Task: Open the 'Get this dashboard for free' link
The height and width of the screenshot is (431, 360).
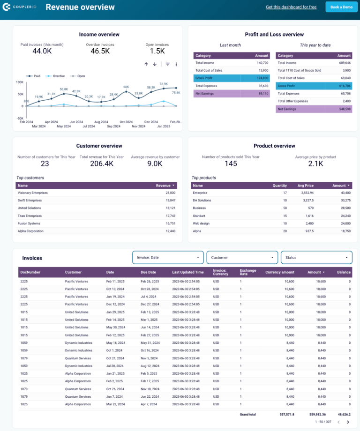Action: [291, 7]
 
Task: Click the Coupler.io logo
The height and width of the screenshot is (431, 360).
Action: [20, 7]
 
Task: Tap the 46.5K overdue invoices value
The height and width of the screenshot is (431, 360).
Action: [100, 51]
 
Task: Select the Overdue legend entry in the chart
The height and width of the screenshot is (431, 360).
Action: [56, 75]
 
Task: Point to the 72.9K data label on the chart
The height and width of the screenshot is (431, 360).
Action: [164, 84]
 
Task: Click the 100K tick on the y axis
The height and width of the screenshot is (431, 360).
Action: [20, 82]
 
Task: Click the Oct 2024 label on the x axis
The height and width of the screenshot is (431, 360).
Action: [126, 121]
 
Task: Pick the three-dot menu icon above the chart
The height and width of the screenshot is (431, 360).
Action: [176, 64]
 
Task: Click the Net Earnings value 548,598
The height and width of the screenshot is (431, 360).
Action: [344, 109]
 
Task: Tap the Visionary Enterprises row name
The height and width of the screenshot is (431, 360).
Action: [32, 193]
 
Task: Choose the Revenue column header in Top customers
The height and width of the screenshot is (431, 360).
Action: [164, 186]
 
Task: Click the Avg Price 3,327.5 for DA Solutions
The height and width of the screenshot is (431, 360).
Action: [307, 201]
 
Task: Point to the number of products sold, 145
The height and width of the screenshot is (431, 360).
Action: [231, 163]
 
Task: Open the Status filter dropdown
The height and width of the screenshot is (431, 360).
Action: [316, 257]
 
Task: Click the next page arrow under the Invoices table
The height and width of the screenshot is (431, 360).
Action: [348, 422]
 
